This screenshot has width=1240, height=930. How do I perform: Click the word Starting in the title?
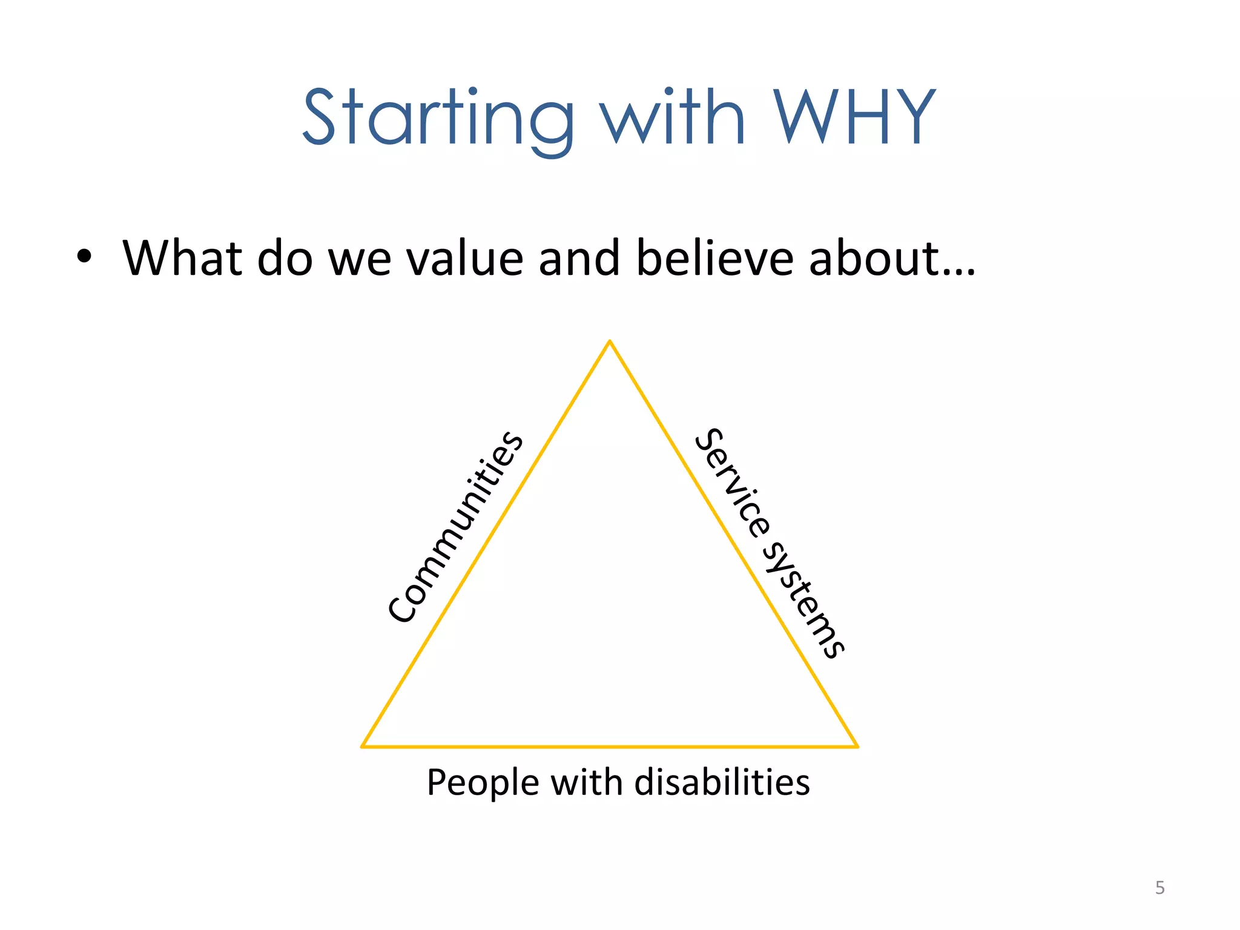[437, 118]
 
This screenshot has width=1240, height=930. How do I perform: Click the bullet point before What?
[84, 257]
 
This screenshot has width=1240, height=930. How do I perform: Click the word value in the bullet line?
[464, 258]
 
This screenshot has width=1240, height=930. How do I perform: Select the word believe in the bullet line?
[714, 258]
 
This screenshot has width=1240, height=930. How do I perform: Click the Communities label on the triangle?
[455, 527]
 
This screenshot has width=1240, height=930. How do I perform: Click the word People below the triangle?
[483, 783]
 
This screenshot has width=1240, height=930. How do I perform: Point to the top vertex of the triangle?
[610, 341]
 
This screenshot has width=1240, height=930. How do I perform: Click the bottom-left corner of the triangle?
[363, 746]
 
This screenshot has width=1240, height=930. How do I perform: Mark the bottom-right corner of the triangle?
[857, 746]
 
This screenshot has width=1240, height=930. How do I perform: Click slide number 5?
[1159, 888]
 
